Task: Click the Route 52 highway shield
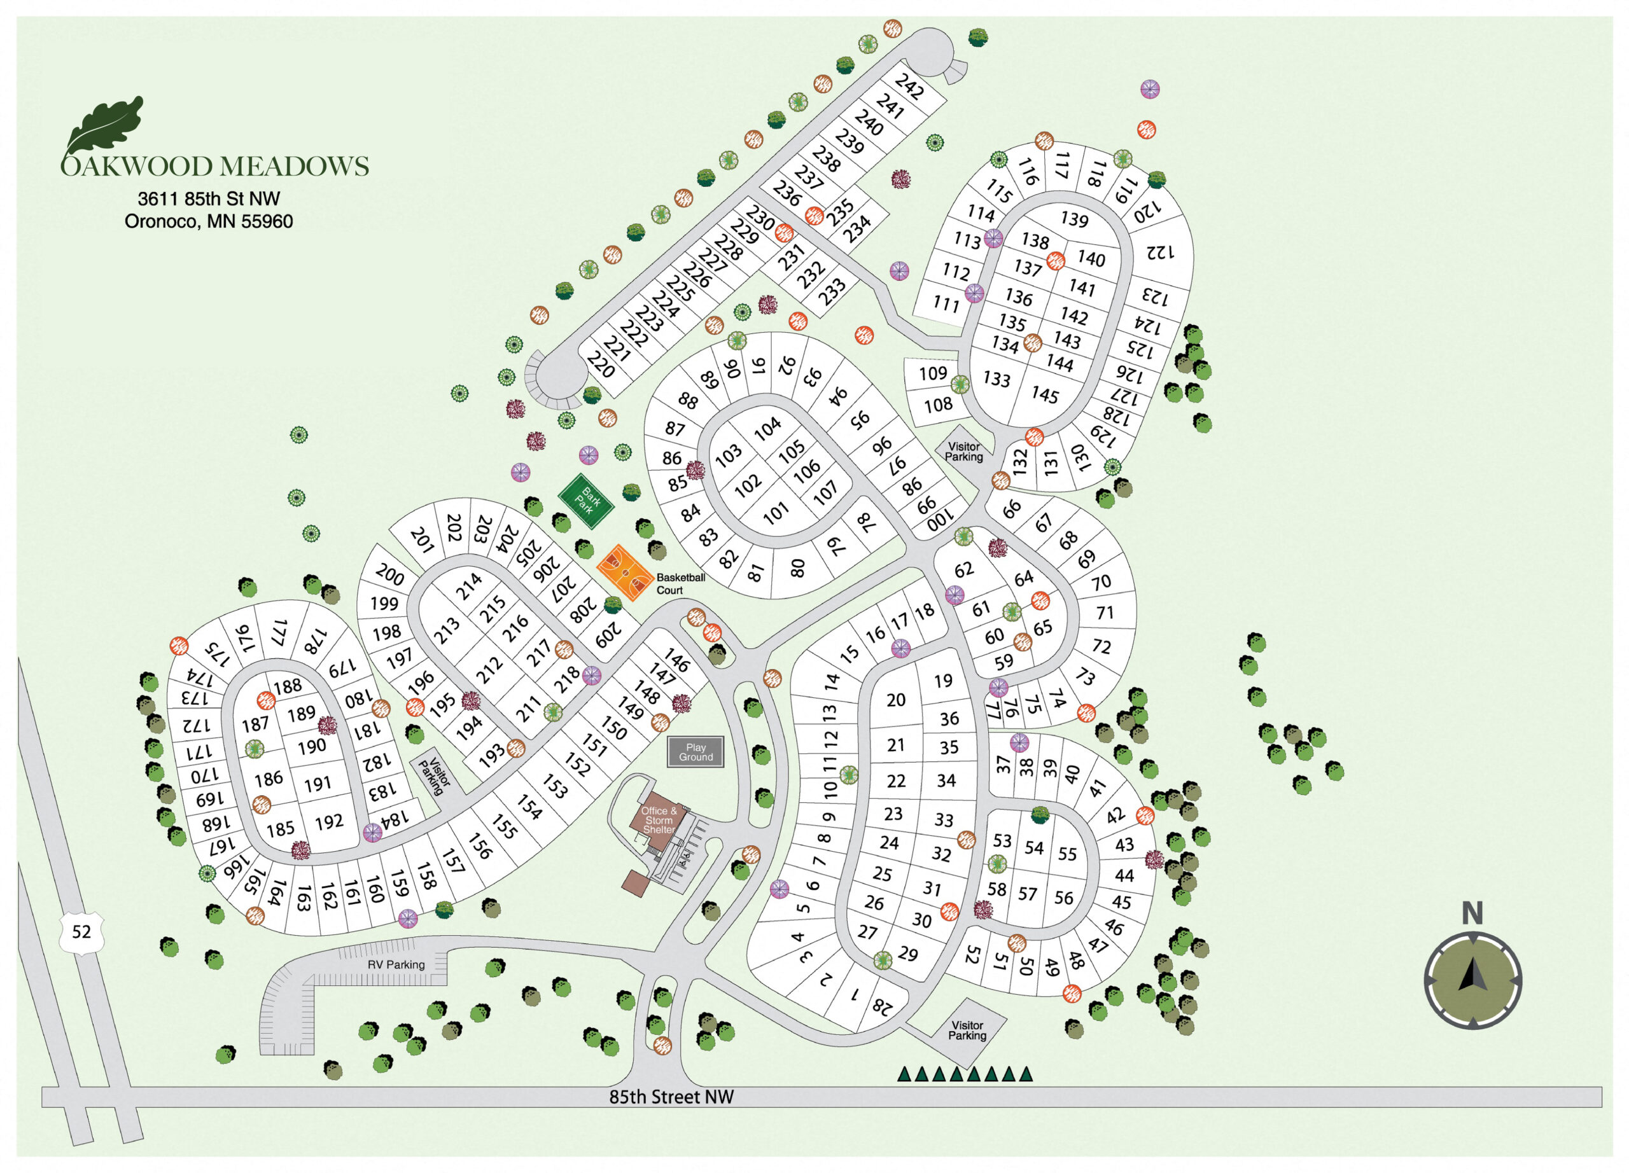click(81, 932)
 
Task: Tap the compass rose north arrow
click(1472, 978)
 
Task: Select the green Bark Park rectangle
click(586, 501)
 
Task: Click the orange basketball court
click(625, 572)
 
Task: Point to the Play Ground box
click(696, 752)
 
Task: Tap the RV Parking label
click(396, 964)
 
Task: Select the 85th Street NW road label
click(671, 1096)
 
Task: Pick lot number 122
click(1159, 252)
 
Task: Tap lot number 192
click(329, 821)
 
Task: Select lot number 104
click(767, 428)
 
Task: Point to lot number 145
click(1044, 395)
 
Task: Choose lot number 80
click(797, 569)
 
